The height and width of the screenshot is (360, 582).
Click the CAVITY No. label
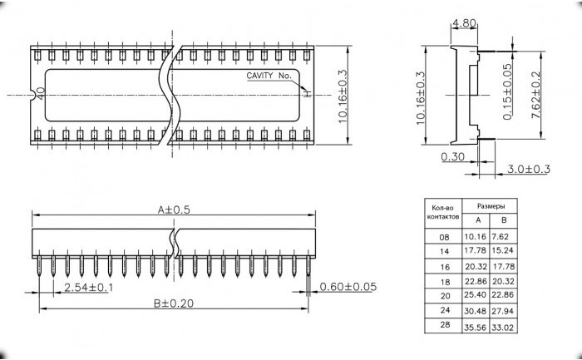pos(269,76)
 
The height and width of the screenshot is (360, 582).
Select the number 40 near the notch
pos(41,93)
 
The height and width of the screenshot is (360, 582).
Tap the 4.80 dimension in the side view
pos(464,23)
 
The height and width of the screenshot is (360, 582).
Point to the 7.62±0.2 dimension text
pos(536,95)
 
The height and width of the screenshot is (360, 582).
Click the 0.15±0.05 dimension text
pos(507,91)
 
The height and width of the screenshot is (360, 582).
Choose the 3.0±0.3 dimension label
pos(529,170)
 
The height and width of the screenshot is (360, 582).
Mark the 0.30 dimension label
pos(453,157)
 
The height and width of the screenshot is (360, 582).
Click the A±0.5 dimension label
pos(174,210)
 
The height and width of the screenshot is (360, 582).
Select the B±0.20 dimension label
pos(174,303)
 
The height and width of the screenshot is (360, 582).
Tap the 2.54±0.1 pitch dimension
pos(89,288)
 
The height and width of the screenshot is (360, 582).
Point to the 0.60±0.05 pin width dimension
pos(348,287)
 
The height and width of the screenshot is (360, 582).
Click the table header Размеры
pos(491,206)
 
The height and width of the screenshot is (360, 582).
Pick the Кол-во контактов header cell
pos(443,212)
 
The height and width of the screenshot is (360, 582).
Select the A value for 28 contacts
pos(475,328)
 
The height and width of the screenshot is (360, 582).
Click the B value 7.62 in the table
pos(500,236)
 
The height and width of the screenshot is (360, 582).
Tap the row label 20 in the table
pos(445,296)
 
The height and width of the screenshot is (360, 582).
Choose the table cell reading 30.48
pos(475,311)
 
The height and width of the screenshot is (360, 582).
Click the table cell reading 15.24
pos(502,250)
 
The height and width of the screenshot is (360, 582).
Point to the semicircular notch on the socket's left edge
pos(34,95)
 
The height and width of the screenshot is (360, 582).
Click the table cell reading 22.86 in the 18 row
pos(476,281)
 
